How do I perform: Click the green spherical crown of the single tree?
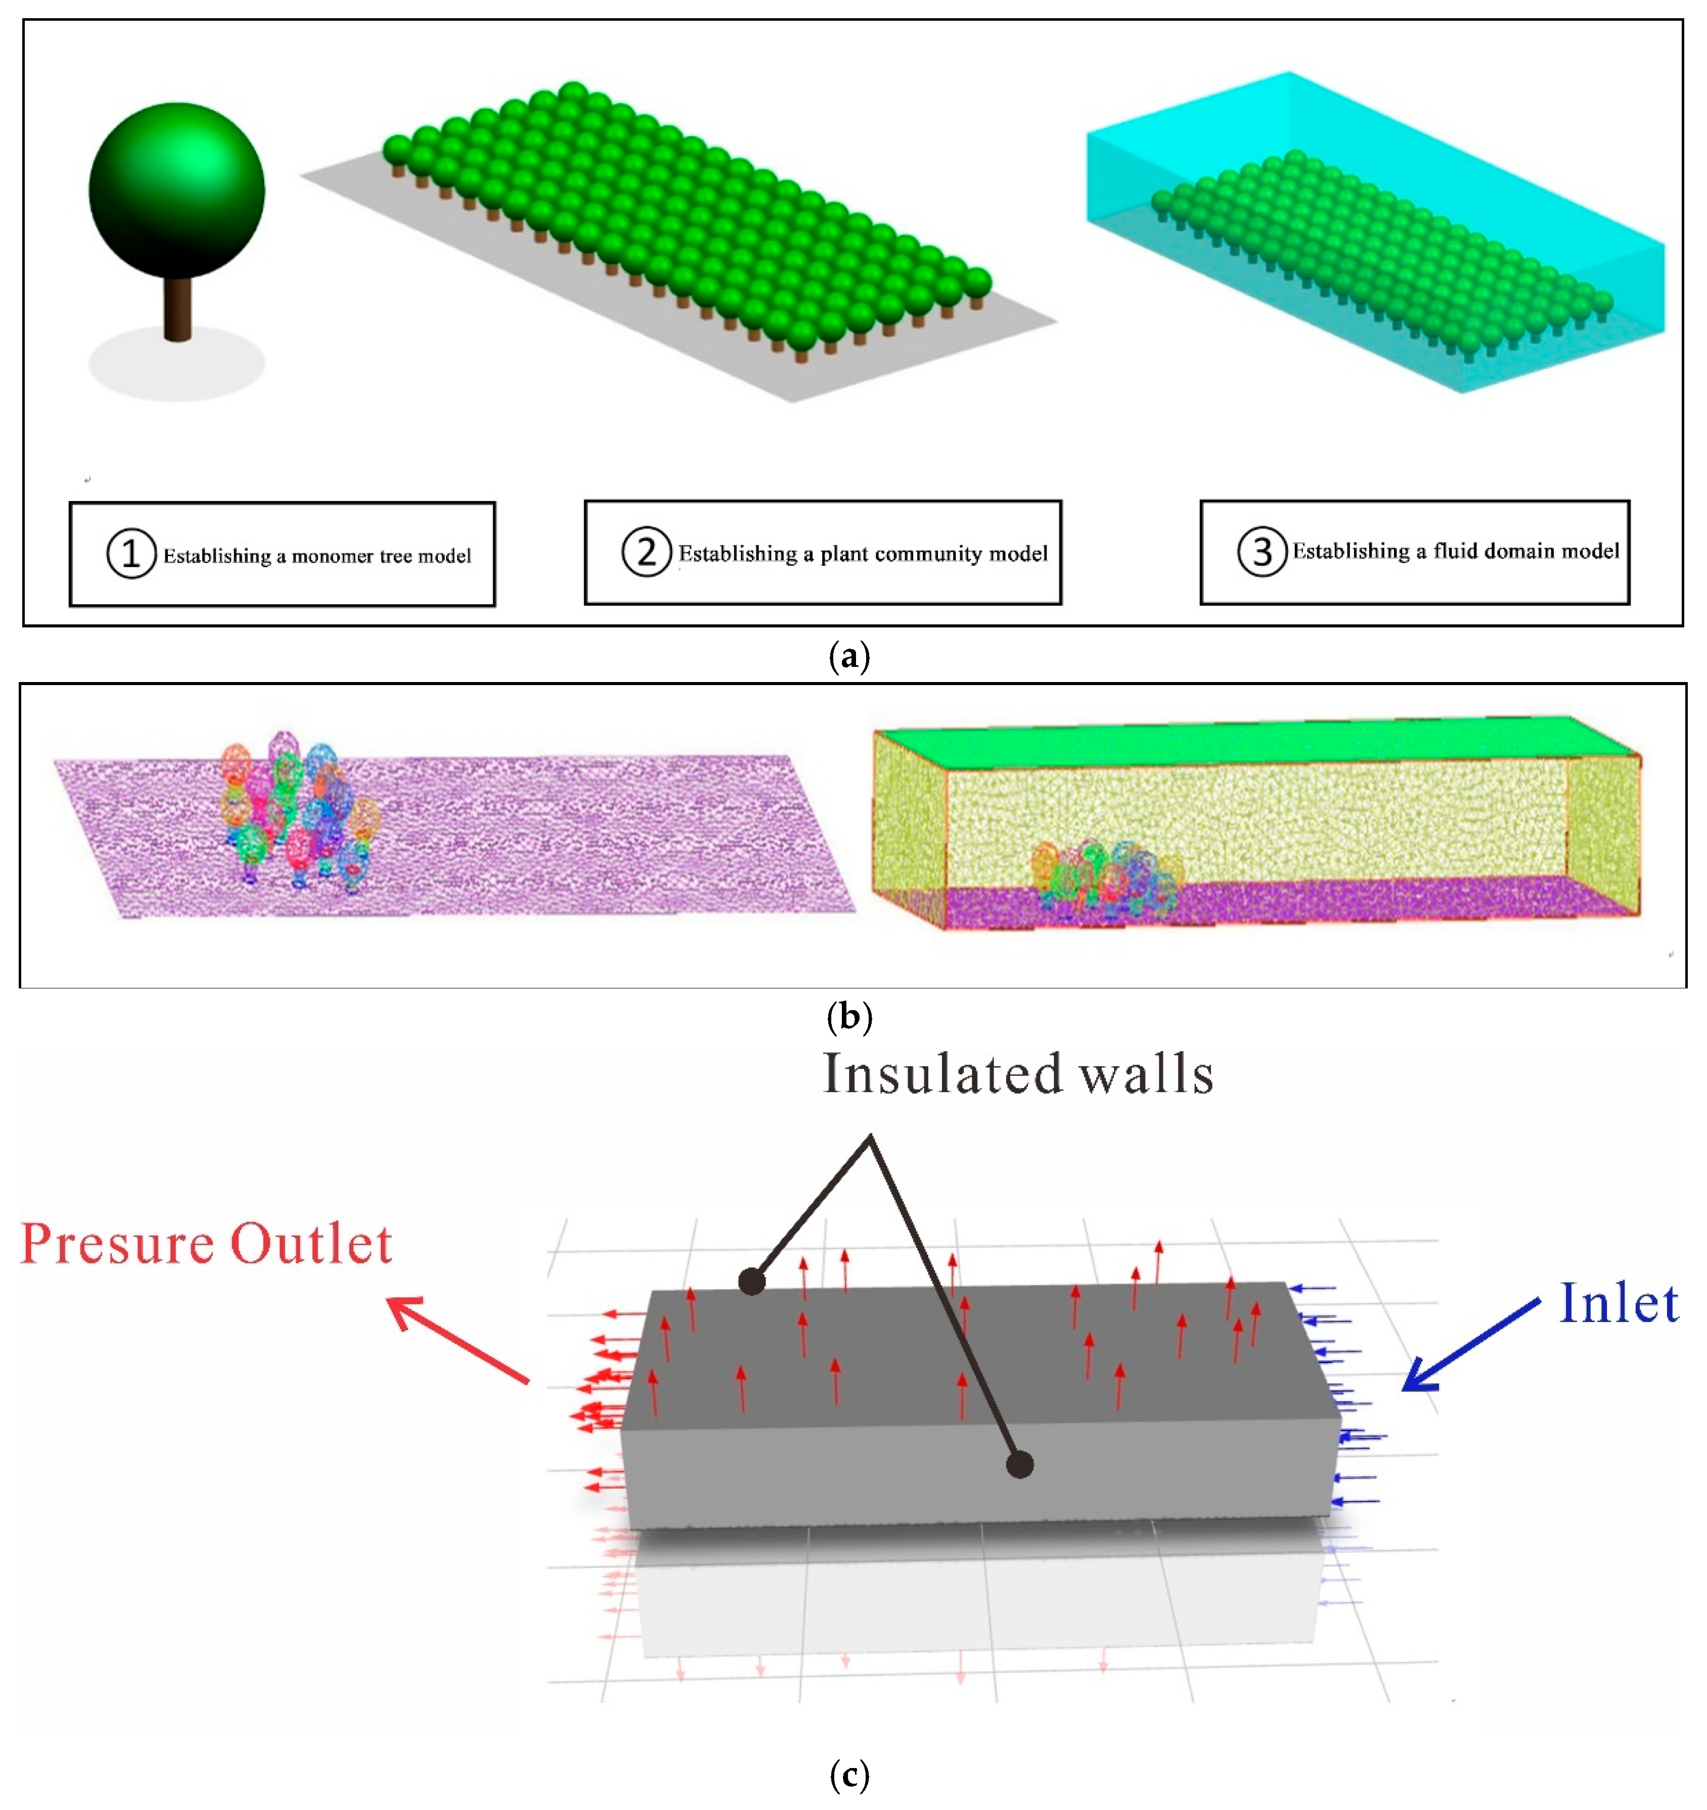click(176, 190)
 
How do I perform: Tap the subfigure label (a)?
click(850, 656)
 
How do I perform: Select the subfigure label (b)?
click(850, 1016)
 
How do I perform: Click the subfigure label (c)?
click(850, 1776)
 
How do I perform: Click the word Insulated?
click(942, 1074)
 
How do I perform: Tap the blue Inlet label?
click(1619, 1304)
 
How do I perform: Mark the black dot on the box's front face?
click(1020, 1464)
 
